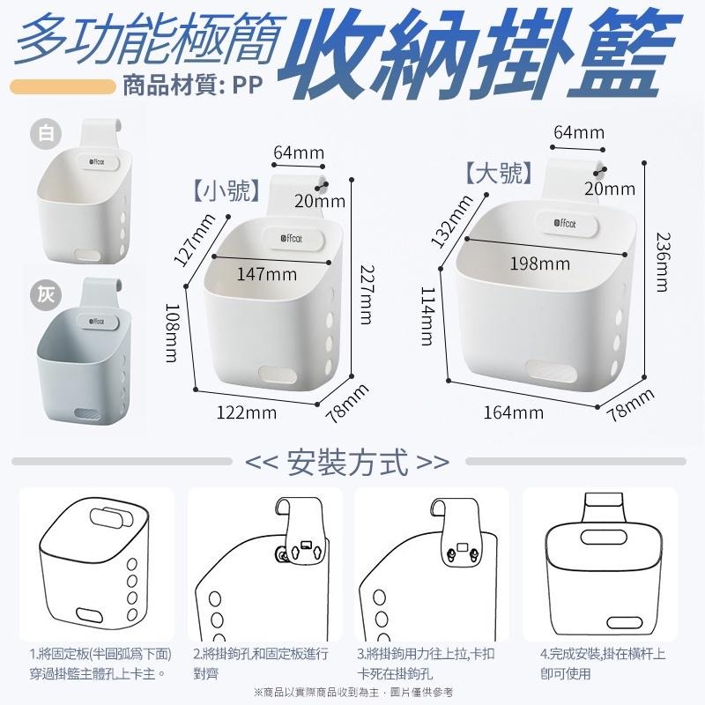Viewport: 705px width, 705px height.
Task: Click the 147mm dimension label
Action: tap(267, 274)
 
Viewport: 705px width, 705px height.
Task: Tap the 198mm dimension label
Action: tap(539, 263)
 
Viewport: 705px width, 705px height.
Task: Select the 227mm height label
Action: tap(367, 294)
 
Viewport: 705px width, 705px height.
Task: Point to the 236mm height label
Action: tap(663, 262)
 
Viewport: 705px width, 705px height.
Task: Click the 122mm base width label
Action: tap(247, 412)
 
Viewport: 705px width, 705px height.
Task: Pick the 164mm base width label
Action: tap(514, 412)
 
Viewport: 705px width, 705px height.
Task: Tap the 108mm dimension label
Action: tap(172, 333)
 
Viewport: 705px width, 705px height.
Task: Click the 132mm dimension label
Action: tap(451, 221)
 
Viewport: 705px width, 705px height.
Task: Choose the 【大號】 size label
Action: tap(499, 173)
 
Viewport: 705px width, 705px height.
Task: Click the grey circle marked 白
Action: tap(46, 134)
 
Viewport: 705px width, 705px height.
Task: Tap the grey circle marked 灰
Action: tap(46, 295)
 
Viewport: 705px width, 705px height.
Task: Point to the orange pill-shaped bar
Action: tap(63, 86)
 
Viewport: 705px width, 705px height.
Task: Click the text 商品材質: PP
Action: tap(193, 85)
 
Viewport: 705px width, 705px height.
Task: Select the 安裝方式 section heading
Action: tap(347, 462)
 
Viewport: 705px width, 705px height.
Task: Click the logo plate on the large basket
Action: tap(568, 224)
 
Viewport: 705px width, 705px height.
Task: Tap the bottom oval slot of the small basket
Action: tap(278, 374)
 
